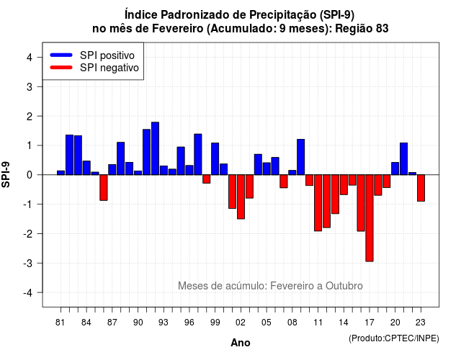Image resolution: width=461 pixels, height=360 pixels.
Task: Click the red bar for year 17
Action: pyautogui.click(x=370, y=218)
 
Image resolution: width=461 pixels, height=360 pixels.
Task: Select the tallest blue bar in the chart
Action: pyautogui.click(x=155, y=148)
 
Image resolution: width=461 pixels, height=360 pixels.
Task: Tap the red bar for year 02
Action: pyautogui.click(x=241, y=197)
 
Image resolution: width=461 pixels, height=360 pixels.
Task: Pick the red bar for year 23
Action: pyautogui.click(x=421, y=188)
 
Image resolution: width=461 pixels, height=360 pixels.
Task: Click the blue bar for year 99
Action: pyautogui.click(x=215, y=158)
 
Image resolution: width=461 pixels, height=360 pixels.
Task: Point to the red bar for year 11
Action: pyautogui.click(x=318, y=203)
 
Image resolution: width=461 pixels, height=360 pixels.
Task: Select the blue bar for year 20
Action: pyautogui.click(x=395, y=168)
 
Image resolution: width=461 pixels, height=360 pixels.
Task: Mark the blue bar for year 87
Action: pyautogui.click(x=112, y=170)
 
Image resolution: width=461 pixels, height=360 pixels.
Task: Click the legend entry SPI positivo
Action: pyautogui.click(x=92, y=55)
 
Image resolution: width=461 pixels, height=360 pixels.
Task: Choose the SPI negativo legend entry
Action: pyautogui.click(x=94, y=68)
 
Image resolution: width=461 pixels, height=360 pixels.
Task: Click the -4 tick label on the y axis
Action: pyautogui.click(x=28, y=292)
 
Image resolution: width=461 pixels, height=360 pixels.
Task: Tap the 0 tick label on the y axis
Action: pyautogui.click(x=30, y=175)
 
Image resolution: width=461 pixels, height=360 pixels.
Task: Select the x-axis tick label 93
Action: pyautogui.click(x=164, y=323)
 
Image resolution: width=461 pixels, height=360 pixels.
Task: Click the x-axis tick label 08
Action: pyautogui.click(x=292, y=323)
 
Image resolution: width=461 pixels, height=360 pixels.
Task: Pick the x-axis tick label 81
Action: pyautogui.click(x=61, y=323)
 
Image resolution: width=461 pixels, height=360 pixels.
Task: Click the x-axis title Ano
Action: pyautogui.click(x=241, y=343)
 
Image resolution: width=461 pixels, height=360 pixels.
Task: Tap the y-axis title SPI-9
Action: pyautogui.click(x=6, y=174)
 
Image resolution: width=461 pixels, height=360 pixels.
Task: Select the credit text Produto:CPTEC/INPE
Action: pyautogui.click(x=394, y=338)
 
